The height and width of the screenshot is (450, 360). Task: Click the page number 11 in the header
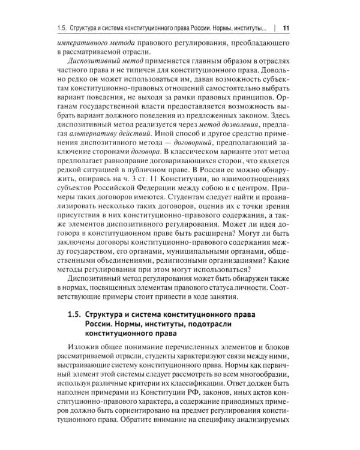[286, 28]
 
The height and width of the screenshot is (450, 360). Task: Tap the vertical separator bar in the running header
[274, 28]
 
